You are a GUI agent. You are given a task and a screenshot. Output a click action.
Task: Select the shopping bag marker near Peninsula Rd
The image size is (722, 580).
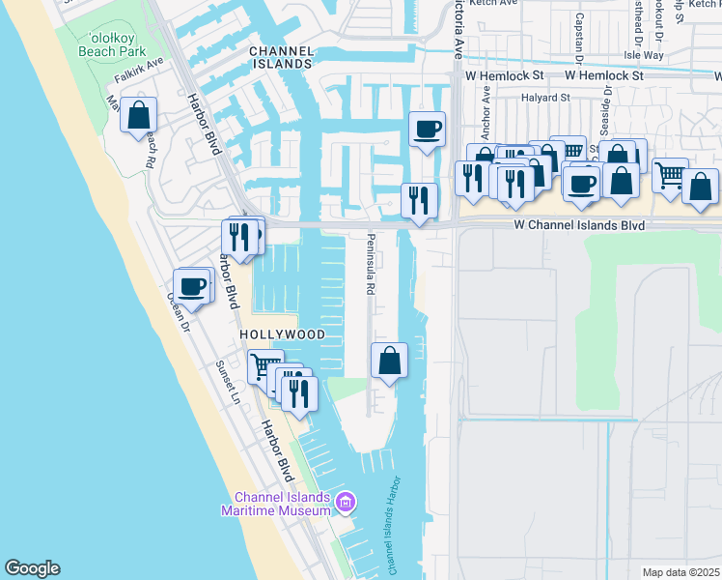[389, 361]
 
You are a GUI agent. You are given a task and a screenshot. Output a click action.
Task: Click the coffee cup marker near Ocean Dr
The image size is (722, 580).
[191, 287]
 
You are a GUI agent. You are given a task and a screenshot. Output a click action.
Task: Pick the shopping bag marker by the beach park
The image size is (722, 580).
[138, 114]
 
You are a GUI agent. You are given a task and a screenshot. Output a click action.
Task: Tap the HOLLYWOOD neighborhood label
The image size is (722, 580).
[283, 333]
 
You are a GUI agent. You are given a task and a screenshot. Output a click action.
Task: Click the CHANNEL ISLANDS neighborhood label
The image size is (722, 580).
[282, 59]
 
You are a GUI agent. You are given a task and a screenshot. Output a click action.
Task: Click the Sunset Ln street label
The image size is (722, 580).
[227, 382]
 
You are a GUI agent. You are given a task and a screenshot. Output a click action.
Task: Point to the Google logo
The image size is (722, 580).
[31, 568]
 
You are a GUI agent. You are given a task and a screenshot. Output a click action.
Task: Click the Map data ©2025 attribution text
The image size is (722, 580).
[681, 572]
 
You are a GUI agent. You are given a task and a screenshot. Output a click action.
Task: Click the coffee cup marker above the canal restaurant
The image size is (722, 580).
[427, 130]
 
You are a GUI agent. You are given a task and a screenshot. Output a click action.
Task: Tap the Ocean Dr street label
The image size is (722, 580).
[178, 311]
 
